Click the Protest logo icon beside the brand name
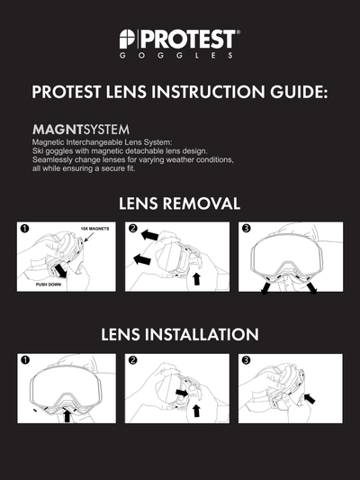[x=127, y=39]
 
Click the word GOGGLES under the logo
[x=176, y=56]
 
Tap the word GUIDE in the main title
[x=298, y=92]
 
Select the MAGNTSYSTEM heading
[x=81, y=130]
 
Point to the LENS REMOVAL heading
[x=179, y=204]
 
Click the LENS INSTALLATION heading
[x=180, y=334]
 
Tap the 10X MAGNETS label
[x=94, y=229]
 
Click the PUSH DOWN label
[x=49, y=285]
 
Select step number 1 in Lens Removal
[x=25, y=229]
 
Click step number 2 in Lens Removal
[x=132, y=229]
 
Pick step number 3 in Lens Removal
[x=246, y=229]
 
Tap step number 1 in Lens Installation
[x=25, y=360]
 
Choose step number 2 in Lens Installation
[x=132, y=360]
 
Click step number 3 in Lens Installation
[x=246, y=360]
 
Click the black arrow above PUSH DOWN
[x=60, y=272]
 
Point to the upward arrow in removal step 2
[x=196, y=279]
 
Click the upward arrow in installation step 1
[x=67, y=416]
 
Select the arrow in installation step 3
[x=310, y=398]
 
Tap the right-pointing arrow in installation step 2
[x=183, y=393]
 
